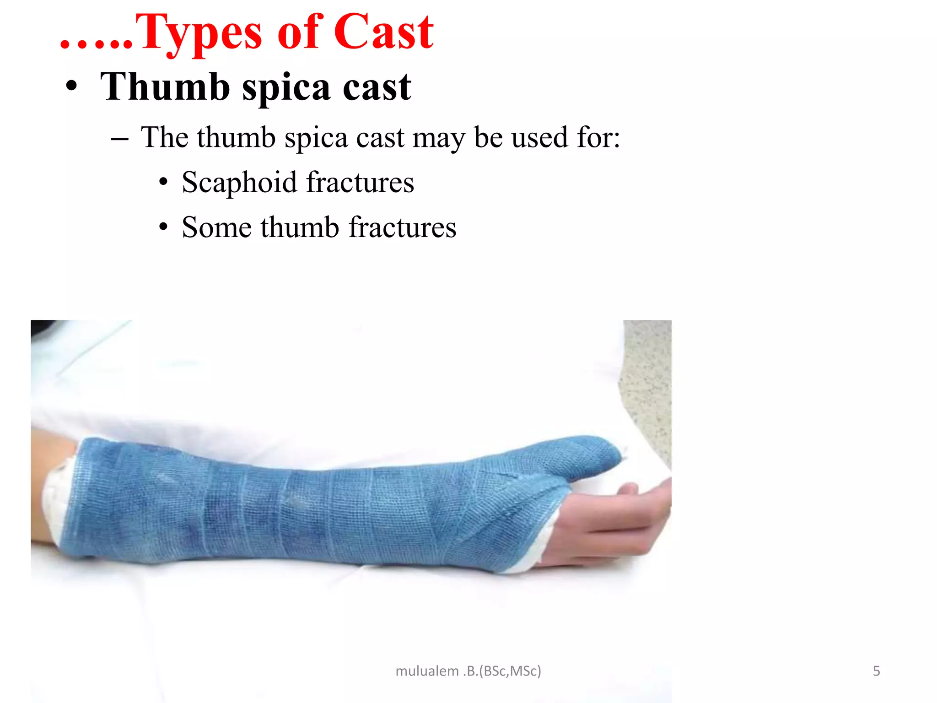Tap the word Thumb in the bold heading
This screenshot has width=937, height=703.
pos(165,87)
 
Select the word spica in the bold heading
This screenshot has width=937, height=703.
pos(286,88)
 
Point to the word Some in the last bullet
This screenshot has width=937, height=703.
pos(216,227)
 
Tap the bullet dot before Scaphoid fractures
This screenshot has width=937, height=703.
pos(163,182)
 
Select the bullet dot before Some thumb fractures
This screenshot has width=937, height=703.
pos(163,227)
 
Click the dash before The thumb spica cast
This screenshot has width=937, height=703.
pos(119,138)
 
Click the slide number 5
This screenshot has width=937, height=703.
pos(876,671)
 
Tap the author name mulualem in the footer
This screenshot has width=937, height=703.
pos(427,671)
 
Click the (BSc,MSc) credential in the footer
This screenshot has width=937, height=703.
pos(510,671)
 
